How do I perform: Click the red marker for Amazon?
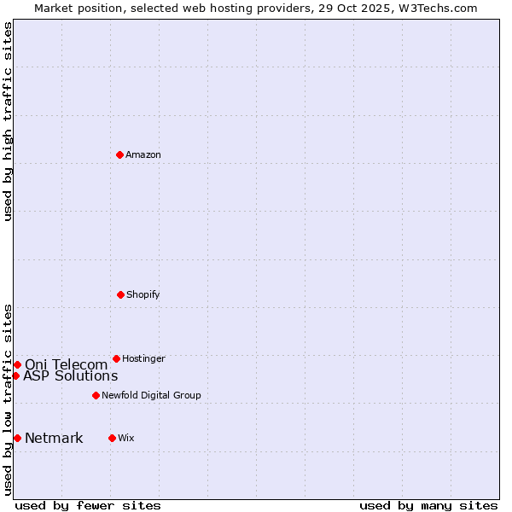[119, 154]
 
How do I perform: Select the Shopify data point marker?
[120, 294]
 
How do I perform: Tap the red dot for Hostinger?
[116, 358]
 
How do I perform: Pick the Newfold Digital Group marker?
[96, 395]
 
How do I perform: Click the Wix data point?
[112, 438]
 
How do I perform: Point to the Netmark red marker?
[17, 438]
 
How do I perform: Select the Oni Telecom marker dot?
[17, 364]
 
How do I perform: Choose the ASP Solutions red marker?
[15, 375]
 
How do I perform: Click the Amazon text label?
[143, 154]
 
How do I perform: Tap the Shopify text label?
[143, 294]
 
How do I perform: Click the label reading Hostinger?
[143, 358]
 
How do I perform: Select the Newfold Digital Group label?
[151, 395]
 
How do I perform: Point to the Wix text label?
[126, 438]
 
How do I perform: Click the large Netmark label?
[54, 439]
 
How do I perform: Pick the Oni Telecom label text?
[66, 364]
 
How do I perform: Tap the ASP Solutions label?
[70, 375]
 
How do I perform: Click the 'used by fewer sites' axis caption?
[88, 505]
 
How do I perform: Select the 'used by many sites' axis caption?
[428, 505]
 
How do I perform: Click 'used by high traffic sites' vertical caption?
[8, 121]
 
